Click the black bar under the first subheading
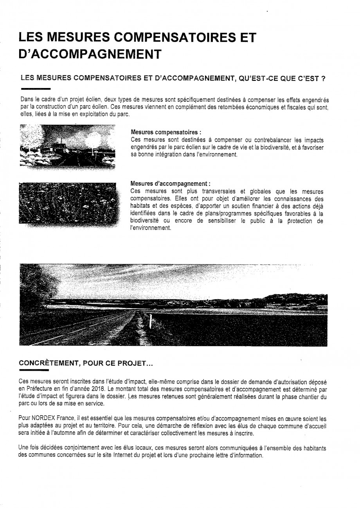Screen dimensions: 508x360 pos(35,89)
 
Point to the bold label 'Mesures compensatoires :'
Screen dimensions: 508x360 pos(160,133)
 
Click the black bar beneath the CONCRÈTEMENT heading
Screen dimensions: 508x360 pos(34,369)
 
